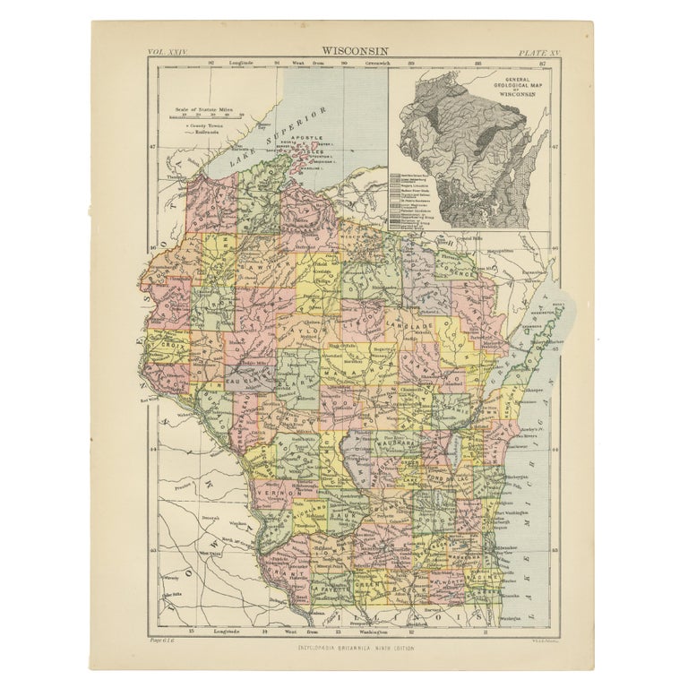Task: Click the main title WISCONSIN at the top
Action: [343, 52]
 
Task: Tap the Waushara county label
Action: [391, 442]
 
